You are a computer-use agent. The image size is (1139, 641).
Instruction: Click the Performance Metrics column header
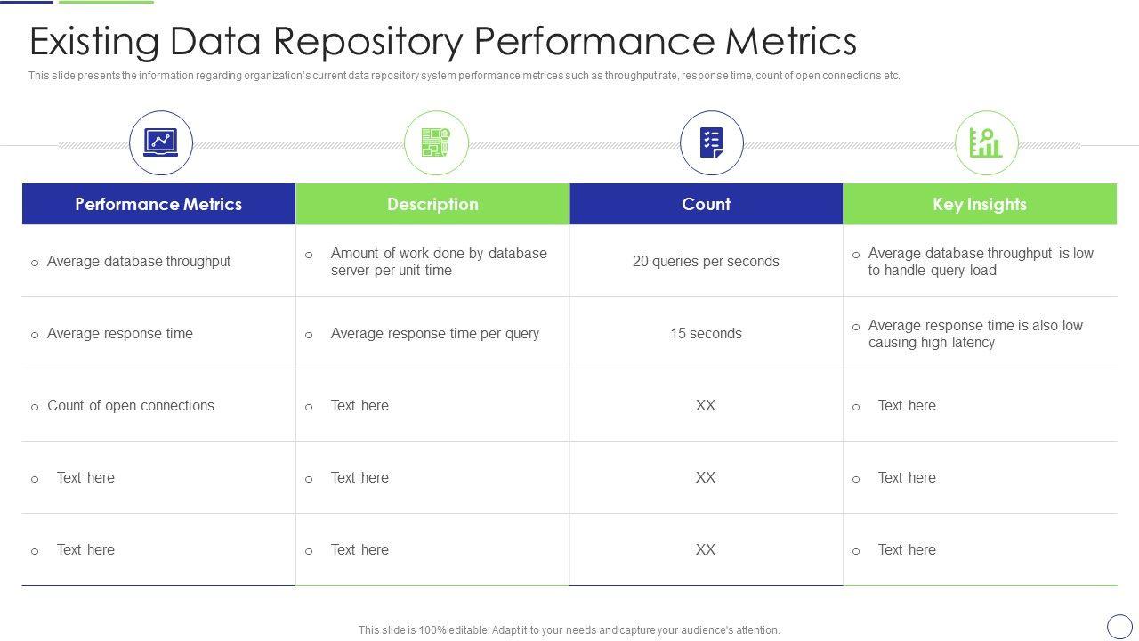[x=158, y=204]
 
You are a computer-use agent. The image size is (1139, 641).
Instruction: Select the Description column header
[x=432, y=204]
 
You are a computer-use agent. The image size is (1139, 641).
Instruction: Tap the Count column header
[x=707, y=204]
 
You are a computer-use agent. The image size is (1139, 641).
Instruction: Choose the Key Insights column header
[x=980, y=204]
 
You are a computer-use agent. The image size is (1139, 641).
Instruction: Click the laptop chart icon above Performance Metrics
[x=161, y=142]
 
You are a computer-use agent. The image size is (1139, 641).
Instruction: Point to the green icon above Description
[x=436, y=142]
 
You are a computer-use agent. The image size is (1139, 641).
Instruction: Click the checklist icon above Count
[x=711, y=142]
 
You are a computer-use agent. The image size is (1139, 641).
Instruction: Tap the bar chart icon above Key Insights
[x=986, y=142]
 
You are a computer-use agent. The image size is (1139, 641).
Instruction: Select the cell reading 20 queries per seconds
[x=706, y=261]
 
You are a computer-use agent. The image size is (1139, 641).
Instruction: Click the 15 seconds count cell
[x=706, y=333]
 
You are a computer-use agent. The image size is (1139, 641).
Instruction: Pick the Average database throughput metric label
[x=138, y=261]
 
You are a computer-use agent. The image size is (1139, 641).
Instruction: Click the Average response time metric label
[x=120, y=333]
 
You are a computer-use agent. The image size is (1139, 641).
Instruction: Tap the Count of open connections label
[x=131, y=405]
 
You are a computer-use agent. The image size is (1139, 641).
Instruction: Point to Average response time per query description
[x=435, y=333]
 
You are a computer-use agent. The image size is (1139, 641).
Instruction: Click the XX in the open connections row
[x=706, y=405]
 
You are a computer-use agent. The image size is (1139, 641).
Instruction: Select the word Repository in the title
[x=368, y=42]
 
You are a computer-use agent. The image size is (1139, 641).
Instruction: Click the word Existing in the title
[x=94, y=42]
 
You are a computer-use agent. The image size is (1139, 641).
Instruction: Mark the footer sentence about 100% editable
[x=569, y=629]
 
